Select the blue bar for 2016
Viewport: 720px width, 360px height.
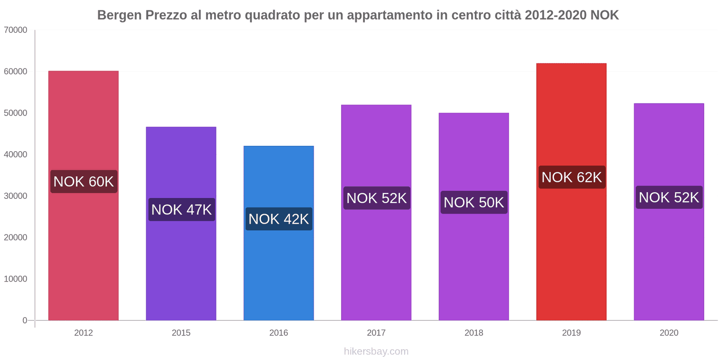[x=279, y=270]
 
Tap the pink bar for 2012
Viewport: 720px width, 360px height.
[x=83, y=252]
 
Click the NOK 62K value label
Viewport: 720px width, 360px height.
[x=571, y=177]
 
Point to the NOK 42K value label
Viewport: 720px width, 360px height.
[x=279, y=219]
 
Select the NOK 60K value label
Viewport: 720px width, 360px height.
[x=84, y=182]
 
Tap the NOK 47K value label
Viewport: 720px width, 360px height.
[x=181, y=210]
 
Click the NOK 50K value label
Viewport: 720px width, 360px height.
[x=474, y=202]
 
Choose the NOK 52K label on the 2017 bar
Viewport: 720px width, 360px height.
[x=377, y=198]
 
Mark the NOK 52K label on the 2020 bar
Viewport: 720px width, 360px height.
[x=669, y=198]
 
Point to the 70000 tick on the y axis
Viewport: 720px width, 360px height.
[x=16, y=30]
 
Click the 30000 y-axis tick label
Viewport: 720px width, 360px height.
[x=16, y=196]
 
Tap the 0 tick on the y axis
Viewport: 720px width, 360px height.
[x=25, y=320]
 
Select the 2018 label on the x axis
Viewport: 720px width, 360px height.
[x=474, y=333]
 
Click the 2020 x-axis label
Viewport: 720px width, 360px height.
[x=669, y=333]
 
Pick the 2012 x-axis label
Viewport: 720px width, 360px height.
[x=83, y=333]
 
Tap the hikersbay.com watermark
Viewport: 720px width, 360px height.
[x=376, y=351]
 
